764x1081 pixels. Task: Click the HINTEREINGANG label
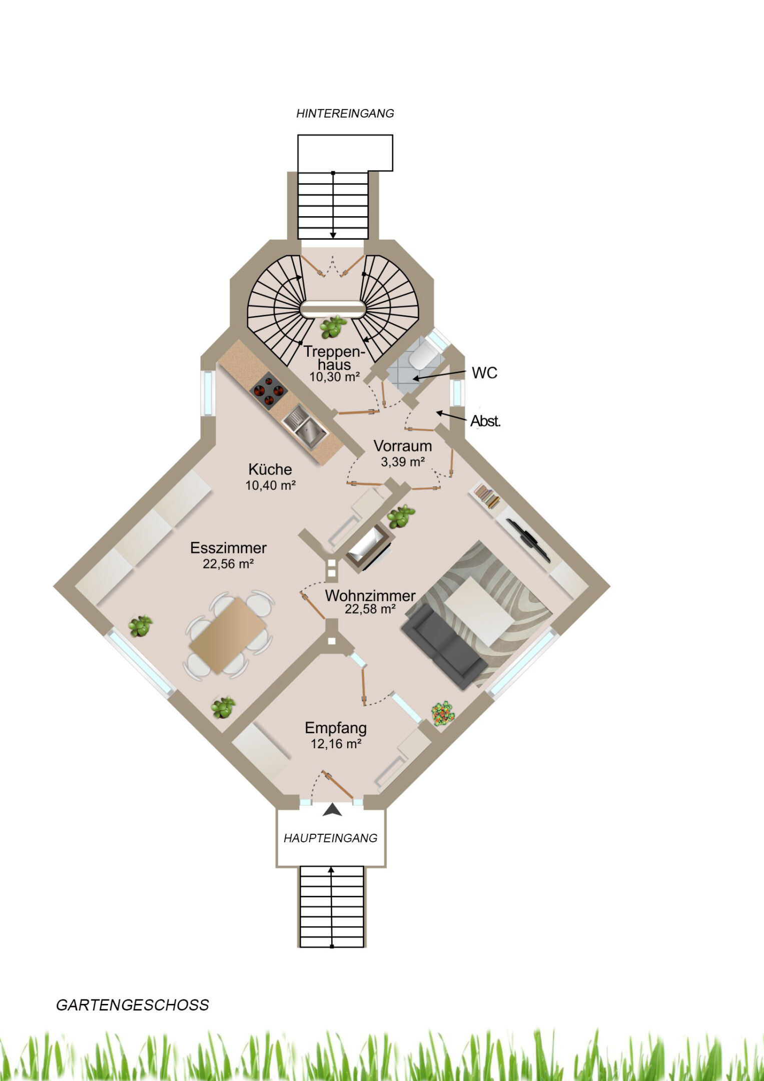pos(345,114)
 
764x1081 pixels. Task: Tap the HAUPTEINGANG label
pos(331,838)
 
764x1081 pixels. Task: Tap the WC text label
pos(484,373)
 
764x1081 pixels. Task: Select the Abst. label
pos(485,421)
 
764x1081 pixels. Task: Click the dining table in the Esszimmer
pos(228,635)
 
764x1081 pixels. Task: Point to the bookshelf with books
pos(487,495)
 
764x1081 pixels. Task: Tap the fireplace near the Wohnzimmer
pos(368,548)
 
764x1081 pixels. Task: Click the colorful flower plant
pos(443,714)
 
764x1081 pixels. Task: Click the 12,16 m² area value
pos(336,744)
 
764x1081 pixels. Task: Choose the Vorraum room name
pos(402,446)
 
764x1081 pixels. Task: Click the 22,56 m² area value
pos(228,564)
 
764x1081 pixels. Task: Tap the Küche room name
pos(270,469)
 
